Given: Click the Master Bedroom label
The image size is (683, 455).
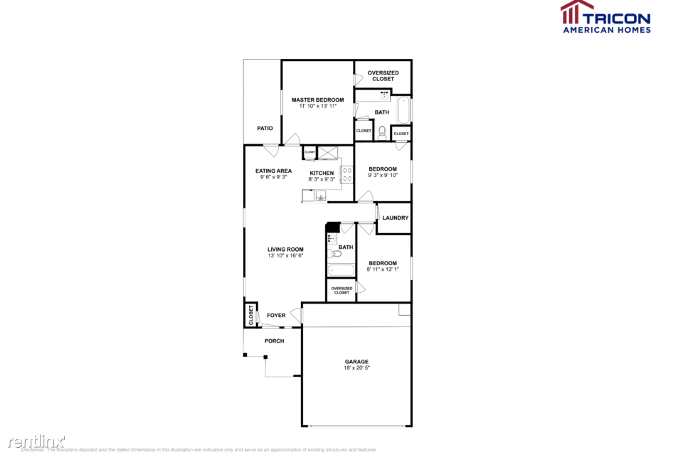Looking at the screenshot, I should pyautogui.click(x=317, y=100).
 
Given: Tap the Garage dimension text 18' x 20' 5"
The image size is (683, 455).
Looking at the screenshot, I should pyautogui.click(x=356, y=368).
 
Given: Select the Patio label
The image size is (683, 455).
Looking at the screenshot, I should pyautogui.click(x=265, y=128).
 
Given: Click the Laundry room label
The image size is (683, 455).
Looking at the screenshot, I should pyautogui.click(x=395, y=218).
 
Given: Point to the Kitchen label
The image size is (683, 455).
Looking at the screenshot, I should pyautogui.click(x=322, y=173).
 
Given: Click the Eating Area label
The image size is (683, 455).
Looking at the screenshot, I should pyautogui.click(x=274, y=171).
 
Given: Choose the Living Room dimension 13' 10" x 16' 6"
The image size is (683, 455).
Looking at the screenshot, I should pyautogui.click(x=285, y=255).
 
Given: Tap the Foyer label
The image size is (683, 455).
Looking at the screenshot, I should pyautogui.click(x=276, y=315).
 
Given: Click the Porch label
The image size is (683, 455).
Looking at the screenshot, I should pyautogui.click(x=274, y=341).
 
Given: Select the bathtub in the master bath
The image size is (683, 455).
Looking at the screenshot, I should pyautogui.click(x=403, y=110).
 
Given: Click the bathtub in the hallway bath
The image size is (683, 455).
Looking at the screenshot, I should pyautogui.click(x=341, y=269).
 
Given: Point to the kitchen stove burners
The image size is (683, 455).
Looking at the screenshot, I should pyautogui.click(x=348, y=173).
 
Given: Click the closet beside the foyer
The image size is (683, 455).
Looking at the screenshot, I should pyautogui.click(x=251, y=314).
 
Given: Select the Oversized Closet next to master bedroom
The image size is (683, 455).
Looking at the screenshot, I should pyautogui.click(x=383, y=75).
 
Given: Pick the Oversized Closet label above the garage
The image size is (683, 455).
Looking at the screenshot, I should pyautogui.click(x=341, y=290).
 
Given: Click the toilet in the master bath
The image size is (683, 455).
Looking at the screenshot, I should pyautogui.click(x=382, y=131).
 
